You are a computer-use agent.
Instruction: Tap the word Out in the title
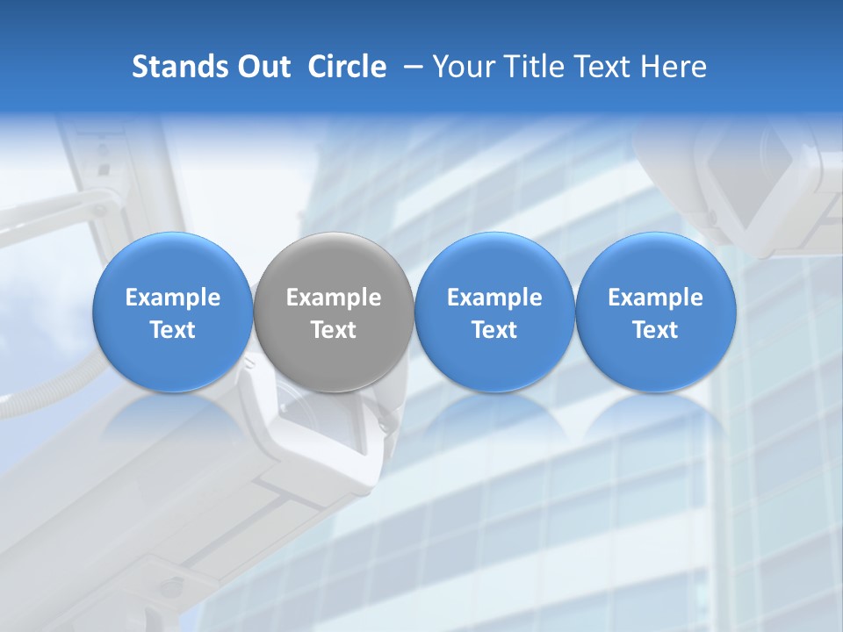coord(261,67)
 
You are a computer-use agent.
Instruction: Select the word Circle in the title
coord(347,67)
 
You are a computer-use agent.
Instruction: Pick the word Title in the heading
coord(530,67)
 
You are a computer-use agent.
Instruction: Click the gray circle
coord(334,312)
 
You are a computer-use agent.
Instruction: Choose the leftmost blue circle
coord(173,312)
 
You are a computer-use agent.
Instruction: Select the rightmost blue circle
coord(656,312)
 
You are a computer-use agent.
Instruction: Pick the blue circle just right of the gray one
coord(494,312)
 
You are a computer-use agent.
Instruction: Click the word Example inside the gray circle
coord(334,298)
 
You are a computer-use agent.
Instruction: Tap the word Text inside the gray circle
coord(334,330)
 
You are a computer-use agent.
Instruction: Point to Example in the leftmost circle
coord(173,298)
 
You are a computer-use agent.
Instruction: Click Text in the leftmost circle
coord(173,330)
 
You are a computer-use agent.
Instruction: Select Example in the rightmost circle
coord(656,298)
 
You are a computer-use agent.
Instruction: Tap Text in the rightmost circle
coord(656,330)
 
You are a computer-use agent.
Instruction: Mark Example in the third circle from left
coord(494,298)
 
